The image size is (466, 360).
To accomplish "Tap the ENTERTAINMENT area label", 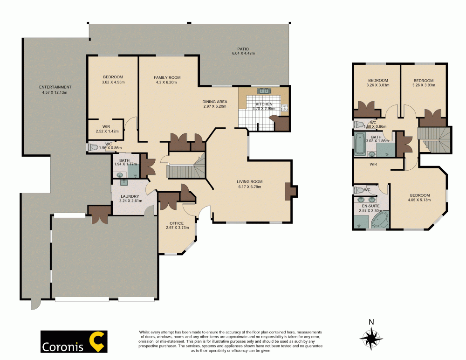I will (x=55, y=87).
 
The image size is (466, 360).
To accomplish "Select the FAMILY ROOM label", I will (x=167, y=77).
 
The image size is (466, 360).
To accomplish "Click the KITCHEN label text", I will (x=263, y=104).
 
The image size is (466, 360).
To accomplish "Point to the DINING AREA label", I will (x=214, y=102).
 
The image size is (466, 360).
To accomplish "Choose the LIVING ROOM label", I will (x=249, y=182).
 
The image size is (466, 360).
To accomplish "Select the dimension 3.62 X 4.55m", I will (x=113, y=82).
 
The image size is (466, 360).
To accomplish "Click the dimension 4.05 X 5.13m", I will (x=419, y=201).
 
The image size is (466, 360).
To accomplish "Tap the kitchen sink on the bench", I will (x=264, y=90).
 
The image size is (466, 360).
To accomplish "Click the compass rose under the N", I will (x=371, y=336).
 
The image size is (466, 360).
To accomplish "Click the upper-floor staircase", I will (x=434, y=139).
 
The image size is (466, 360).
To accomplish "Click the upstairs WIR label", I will (x=373, y=164).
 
